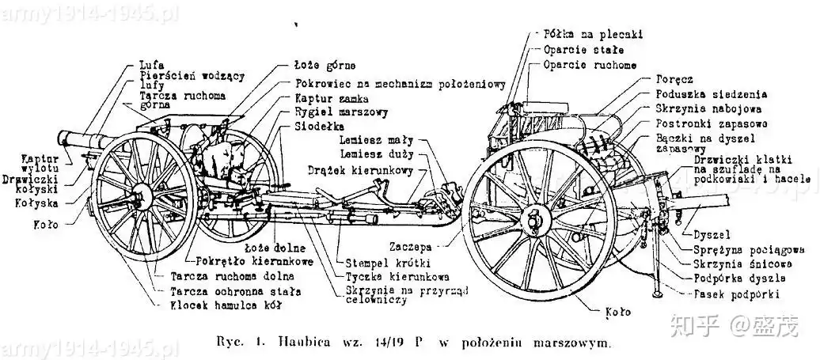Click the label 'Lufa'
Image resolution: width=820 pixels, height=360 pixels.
(152, 63)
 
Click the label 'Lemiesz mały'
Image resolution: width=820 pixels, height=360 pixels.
(370, 139)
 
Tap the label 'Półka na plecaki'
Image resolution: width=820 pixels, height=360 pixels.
(592, 35)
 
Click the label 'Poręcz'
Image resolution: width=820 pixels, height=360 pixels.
(674, 79)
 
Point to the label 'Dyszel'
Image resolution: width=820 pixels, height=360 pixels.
(710, 234)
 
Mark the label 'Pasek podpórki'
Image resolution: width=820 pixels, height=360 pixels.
(735, 294)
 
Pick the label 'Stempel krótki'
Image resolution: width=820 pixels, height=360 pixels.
(380, 262)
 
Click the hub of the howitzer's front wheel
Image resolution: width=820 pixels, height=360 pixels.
(145, 197)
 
